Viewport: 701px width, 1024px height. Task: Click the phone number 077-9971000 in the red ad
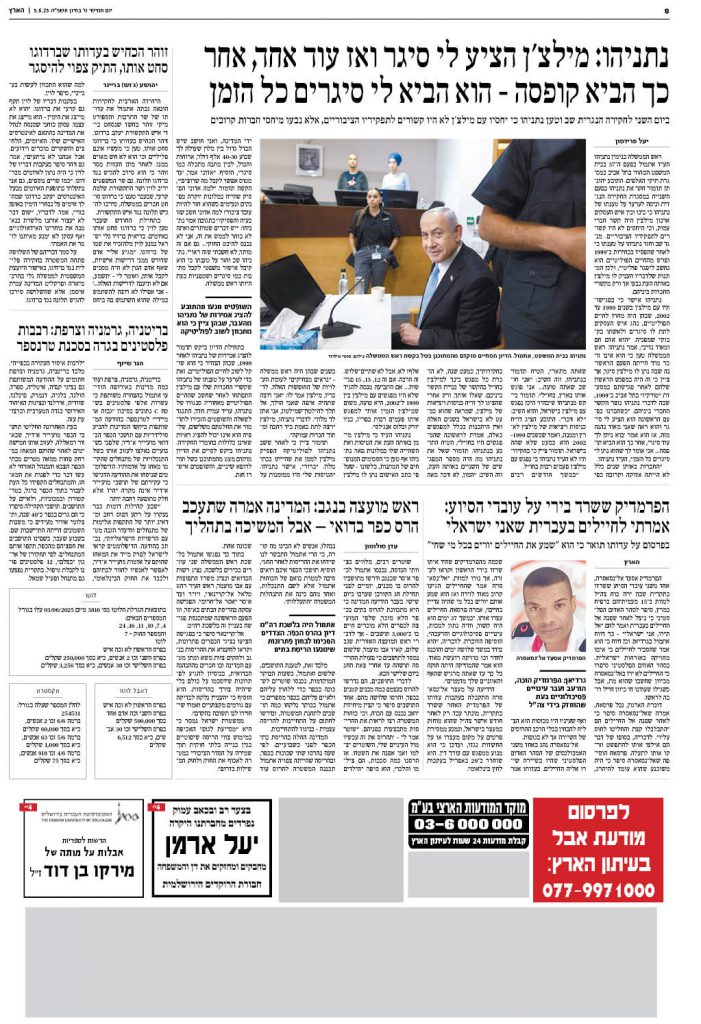(x=598, y=889)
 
